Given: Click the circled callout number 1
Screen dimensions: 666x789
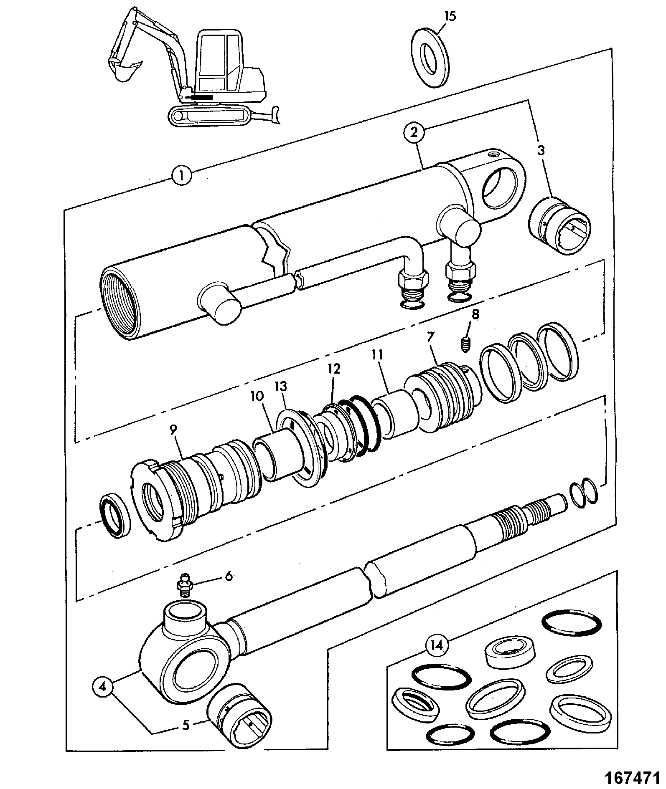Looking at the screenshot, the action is coord(181,175).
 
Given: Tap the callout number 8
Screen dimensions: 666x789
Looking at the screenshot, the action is coord(475,314).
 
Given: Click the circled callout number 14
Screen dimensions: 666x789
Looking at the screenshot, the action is coord(437,645).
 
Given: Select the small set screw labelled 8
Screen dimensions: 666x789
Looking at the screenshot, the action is coord(466,344).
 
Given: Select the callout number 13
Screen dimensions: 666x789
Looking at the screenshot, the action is coord(281,387).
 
